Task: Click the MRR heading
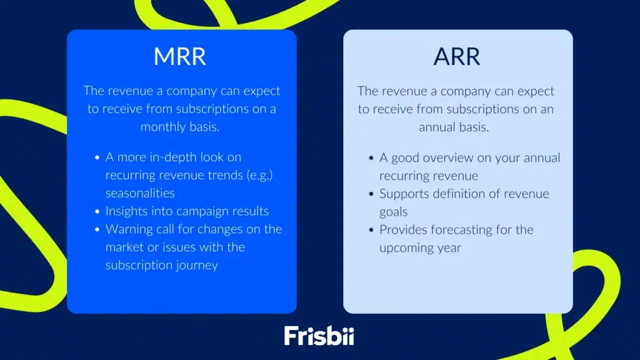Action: tap(180, 56)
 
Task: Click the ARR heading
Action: tap(457, 56)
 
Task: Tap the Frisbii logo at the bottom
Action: tap(319, 335)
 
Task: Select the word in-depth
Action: tap(172, 157)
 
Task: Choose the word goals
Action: tap(394, 212)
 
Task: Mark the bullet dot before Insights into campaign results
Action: tap(97, 212)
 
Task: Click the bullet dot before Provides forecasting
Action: tap(371, 230)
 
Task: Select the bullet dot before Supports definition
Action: tap(371, 194)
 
